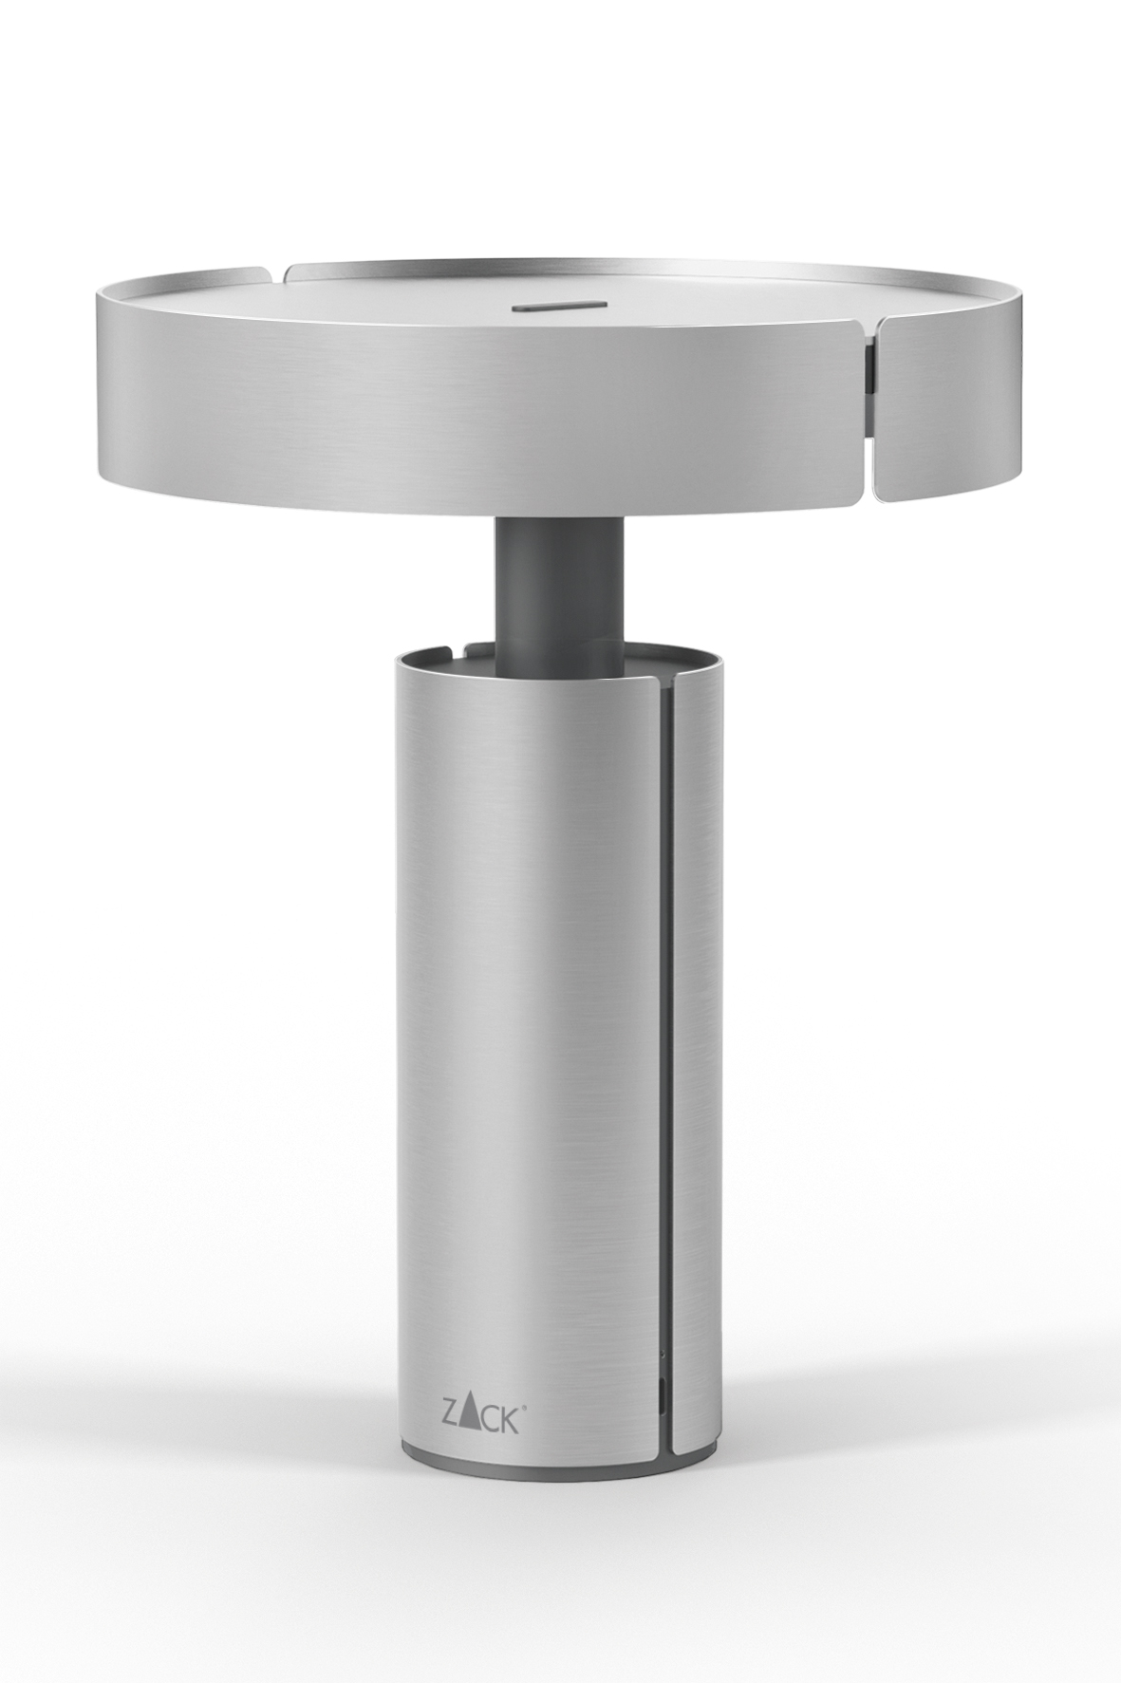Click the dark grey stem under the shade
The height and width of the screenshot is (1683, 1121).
point(560,598)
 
